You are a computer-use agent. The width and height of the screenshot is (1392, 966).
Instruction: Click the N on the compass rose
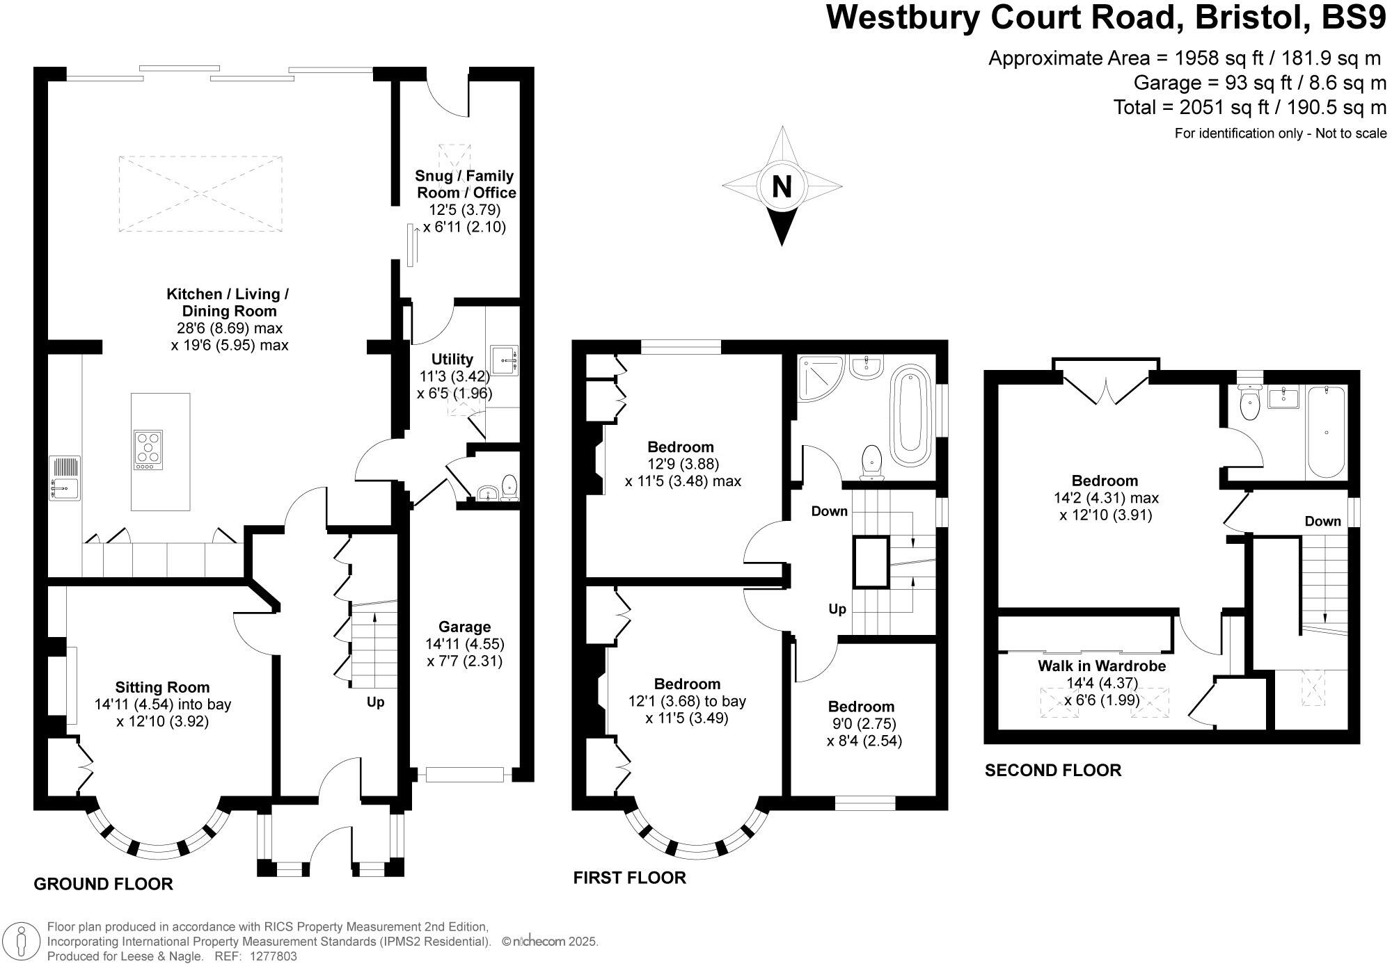pyautogui.click(x=782, y=186)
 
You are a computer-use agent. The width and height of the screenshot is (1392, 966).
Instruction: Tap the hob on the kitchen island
pyautogui.click(x=148, y=449)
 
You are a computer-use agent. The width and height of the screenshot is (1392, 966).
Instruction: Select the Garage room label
pyautogui.click(x=464, y=627)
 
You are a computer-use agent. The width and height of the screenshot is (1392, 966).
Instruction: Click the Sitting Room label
pyautogui.click(x=162, y=687)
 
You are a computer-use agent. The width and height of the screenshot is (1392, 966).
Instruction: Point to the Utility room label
pyautogui.click(x=452, y=359)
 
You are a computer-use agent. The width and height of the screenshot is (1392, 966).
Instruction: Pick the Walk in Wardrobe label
pyautogui.click(x=1102, y=666)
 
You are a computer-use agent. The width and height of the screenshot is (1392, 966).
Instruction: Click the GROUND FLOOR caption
pyautogui.click(x=103, y=884)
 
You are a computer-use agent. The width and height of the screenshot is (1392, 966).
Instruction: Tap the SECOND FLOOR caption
pyautogui.click(x=1052, y=770)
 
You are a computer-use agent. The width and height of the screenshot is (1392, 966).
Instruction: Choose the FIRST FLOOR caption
pyautogui.click(x=629, y=878)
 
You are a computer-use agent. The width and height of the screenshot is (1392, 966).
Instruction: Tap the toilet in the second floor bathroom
pyautogui.click(x=1251, y=403)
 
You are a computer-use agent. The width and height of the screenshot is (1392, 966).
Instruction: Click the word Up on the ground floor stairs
pyautogui.click(x=375, y=702)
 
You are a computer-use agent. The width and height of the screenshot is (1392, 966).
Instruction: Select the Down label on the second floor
pyautogui.click(x=1322, y=521)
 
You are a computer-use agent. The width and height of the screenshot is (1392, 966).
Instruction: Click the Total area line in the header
pyautogui.click(x=1249, y=108)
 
